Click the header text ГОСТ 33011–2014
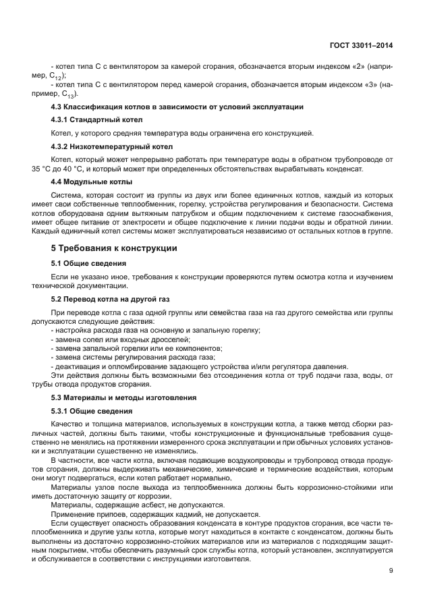tap(361, 46)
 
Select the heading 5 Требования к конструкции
tap(114, 248)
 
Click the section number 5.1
tap(59, 263)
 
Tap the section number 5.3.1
tap(62, 411)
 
